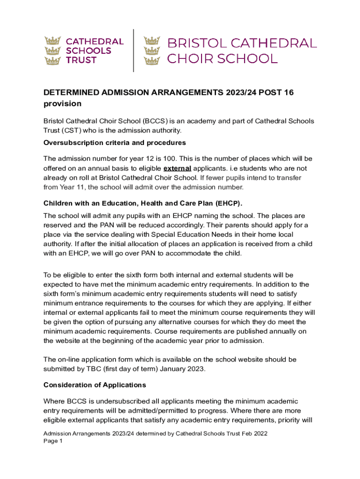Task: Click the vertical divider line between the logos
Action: point(134,51)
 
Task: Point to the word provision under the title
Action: point(63,104)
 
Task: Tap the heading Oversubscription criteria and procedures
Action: point(115,142)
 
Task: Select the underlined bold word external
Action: point(177,168)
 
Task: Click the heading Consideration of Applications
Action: point(94,385)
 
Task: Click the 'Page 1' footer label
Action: point(53,441)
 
